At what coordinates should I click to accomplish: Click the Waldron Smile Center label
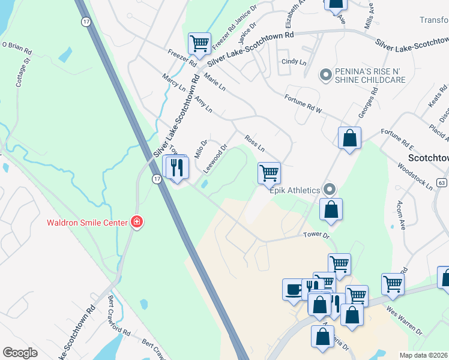click(x=87, y=223)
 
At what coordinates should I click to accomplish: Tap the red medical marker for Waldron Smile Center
click(x=137, y=223)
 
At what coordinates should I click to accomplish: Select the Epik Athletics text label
click(x=294, y=190)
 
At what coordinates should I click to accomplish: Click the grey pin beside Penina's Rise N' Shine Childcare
click(x=326, y=75)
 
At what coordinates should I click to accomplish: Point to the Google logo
click(x=20, y=353)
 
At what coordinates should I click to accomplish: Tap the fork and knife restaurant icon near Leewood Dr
click(x=177, y=166)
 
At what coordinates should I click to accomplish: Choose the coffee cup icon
click(x=294, y=289)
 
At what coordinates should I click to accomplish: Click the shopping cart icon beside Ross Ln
click(x=269, y=173)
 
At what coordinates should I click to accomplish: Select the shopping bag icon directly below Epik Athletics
click(x=331, y=209)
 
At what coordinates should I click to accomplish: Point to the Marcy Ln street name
click(x=173, y=82)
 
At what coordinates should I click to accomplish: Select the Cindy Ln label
click(x=294, y=62)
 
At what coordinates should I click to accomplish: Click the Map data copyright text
click(x=423, y=355)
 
